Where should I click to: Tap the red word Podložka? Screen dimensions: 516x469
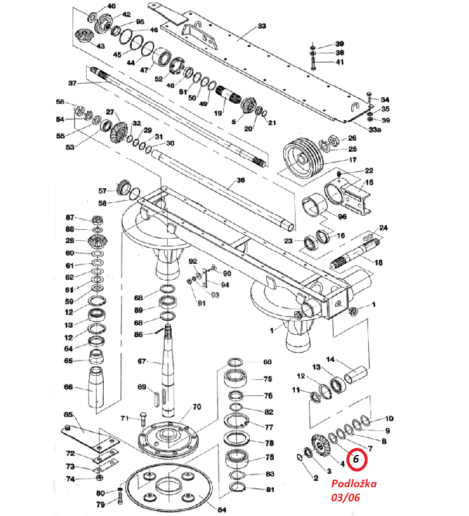pos(354,484)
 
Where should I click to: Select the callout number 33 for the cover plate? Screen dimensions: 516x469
pos(261,26)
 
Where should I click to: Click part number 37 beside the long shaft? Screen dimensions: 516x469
pos(73,83)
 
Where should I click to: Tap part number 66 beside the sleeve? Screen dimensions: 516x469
pos(69,388)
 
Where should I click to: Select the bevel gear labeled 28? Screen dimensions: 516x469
pos(95,240)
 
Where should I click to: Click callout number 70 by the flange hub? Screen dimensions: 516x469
pos(196,406)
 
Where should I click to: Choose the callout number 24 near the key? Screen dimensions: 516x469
pos(384,228)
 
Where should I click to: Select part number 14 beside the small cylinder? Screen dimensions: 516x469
pos(330,359)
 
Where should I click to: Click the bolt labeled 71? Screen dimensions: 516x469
pos(143,419)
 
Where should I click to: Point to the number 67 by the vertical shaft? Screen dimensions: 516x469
pos(141,361)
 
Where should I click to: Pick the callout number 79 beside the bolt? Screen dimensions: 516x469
pos(100,504)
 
